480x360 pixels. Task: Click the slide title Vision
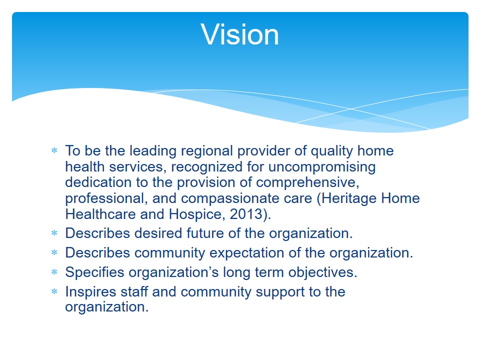(x=239, y=34)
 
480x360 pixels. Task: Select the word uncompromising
(x=322, y=167)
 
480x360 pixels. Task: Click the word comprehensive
(x=307, y=182)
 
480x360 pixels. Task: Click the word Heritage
(x=349, y=198)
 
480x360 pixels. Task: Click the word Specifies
(x=94, y=272)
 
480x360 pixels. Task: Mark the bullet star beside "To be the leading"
(x=54, y=150)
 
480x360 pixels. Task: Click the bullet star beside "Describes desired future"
(x=54, y=233)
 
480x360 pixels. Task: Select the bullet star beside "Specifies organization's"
(x=54, y=272)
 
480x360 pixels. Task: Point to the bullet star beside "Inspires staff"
(x=54, y=291)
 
